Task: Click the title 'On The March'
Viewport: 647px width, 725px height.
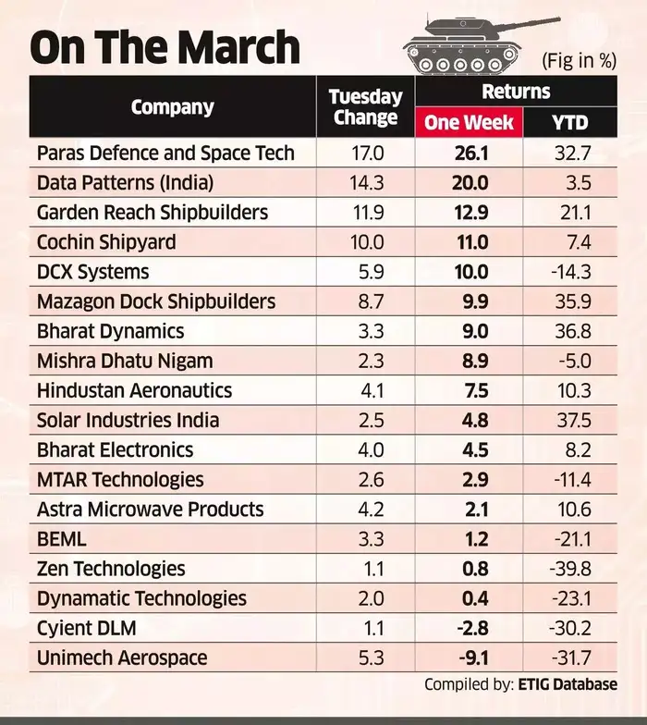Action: (x=165, y=47)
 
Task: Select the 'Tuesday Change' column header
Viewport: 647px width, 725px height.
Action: (x=366, y=106)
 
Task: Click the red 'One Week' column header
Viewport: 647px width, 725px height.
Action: (x=469, y=122)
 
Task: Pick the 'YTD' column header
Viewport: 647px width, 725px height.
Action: (x=570, y=122)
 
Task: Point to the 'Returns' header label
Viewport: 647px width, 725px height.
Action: (x=516, y=92)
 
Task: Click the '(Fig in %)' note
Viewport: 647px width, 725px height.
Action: (x=579, y=61)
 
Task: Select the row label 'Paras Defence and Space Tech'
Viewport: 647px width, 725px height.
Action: (x=165, y=153)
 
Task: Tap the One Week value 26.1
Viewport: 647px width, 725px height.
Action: (x=469, y=153)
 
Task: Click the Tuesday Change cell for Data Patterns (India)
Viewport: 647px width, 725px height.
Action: (x=366, y=182)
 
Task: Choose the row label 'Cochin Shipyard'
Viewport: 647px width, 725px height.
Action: (x=106, y=242)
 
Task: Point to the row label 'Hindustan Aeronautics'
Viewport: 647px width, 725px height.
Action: (x=134, y=390)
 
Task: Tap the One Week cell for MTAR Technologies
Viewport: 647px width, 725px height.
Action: (x=469, y=479)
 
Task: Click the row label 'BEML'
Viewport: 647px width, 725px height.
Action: (x=62, y=539)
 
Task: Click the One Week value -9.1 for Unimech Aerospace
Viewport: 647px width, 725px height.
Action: (x=469, y=657)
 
